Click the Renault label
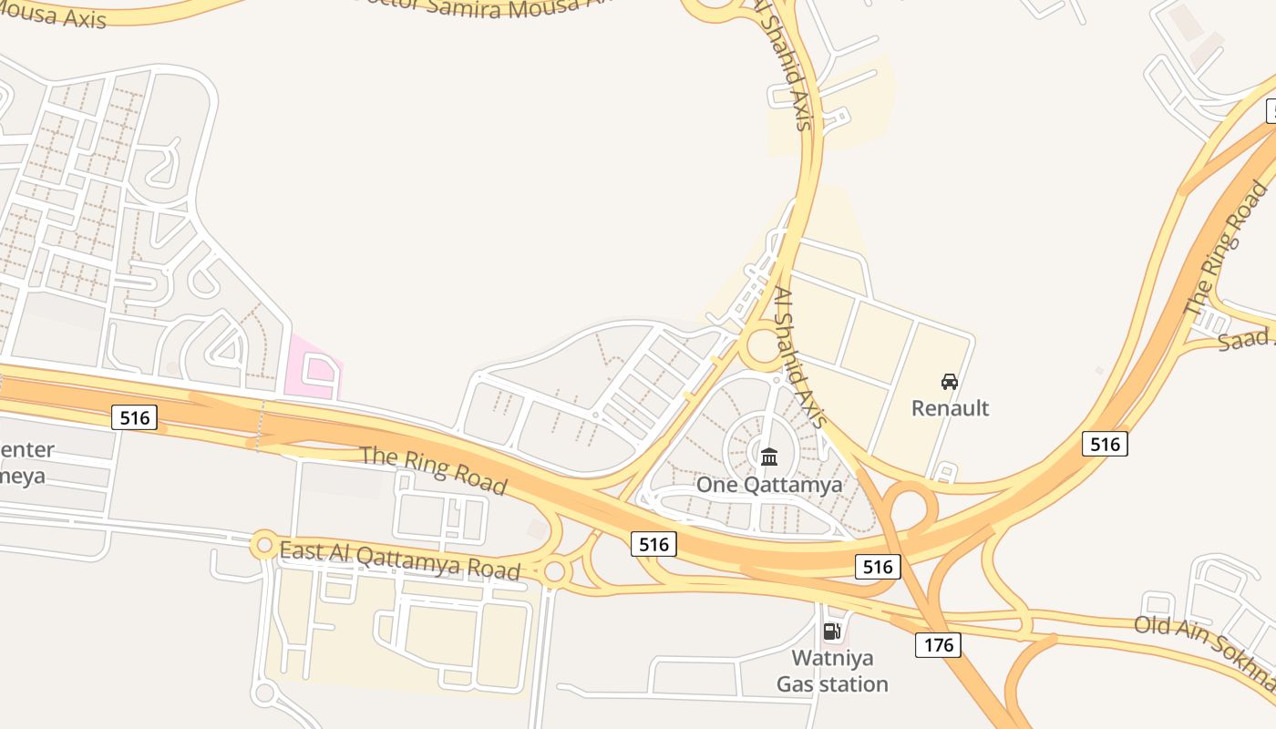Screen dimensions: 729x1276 tap(950, 407)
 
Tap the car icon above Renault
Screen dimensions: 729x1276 tap(950, 382)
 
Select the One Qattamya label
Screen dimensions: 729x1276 tap(769, 484)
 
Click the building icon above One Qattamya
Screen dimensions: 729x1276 tap(769, 457)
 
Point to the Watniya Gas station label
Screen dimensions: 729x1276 tap(832, 671)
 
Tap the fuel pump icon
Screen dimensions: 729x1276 tap(831, 631)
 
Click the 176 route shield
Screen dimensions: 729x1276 tap(938, 645)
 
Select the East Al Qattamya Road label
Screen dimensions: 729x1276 tap(399, 560)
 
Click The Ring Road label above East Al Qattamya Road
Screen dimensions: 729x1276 tap(434, 469)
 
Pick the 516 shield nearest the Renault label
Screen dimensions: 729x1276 tap(1105, 444)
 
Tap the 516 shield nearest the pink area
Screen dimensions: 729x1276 tap(135, 417)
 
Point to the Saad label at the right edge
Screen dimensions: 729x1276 tap(1247, 340)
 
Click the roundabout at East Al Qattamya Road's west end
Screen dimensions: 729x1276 tap(264, 545)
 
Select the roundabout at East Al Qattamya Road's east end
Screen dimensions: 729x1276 tap(554, 572)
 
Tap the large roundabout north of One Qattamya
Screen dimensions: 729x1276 tap(762, 347)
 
